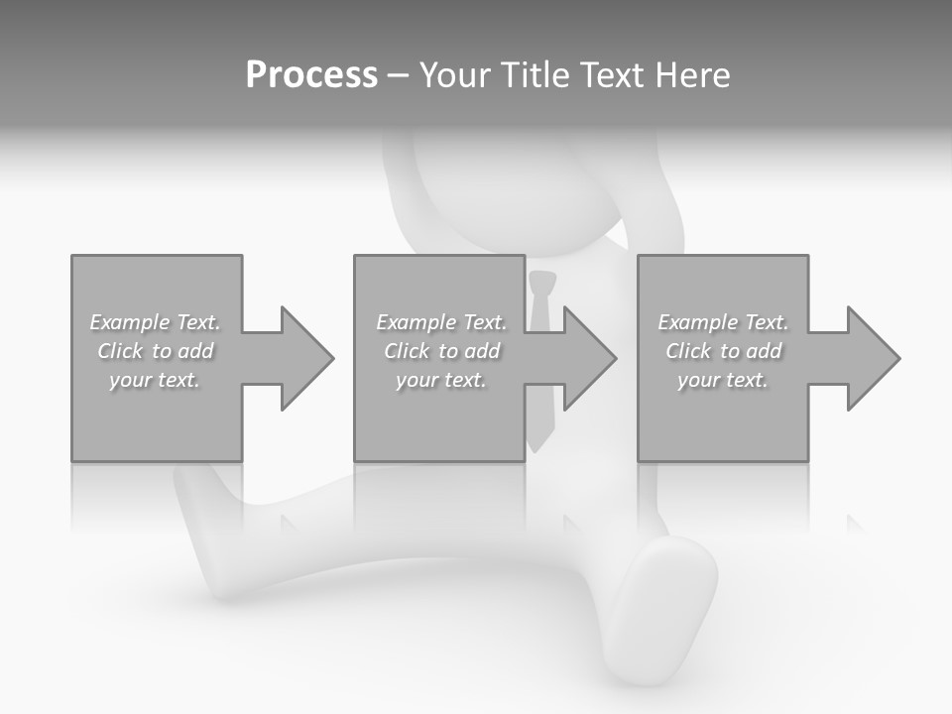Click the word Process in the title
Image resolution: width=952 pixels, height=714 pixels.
[x=311, y=75]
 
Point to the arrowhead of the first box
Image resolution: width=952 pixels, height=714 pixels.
[x=306, y=358]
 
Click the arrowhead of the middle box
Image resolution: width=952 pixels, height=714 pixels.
[x=589, y=358]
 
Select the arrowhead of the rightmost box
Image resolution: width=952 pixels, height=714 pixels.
[x=873, y=358]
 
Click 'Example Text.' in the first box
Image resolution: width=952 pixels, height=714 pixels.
[x=155, y=322]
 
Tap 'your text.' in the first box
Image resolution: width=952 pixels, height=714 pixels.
[x=155, y=380]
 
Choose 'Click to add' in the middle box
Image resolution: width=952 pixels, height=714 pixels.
[x=441, y=351]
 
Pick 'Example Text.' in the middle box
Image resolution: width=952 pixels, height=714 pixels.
[x=441, y=322]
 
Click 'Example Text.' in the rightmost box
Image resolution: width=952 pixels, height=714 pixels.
[x=723, y=322]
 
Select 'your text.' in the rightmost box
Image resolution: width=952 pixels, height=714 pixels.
[x=723, y=380]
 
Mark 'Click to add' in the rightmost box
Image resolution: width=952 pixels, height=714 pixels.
[x=723, y=351]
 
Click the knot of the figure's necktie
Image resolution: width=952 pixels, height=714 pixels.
[x=540, y=283]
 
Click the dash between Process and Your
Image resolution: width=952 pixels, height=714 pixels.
[x=398, y=75]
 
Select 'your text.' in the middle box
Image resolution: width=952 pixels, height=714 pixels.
[x=441, y=380]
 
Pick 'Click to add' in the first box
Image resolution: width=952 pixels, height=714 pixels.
[x=155, y=351]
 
